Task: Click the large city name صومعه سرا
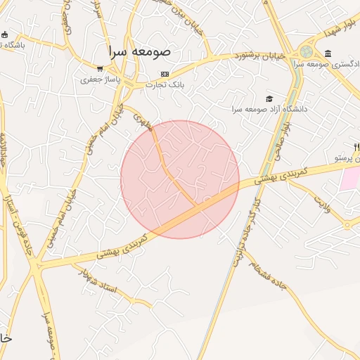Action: coord(139,51)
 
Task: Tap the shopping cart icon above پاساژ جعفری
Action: coord(101,69)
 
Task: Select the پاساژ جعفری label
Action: coord(100,79)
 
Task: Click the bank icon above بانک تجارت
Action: coord(165,74)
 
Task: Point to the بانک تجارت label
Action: coord(165,84)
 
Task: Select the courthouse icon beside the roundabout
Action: coord(328,54)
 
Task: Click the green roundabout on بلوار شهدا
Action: coord(307,51)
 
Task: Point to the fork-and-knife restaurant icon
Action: coord(356,147)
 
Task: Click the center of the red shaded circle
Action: coord(180,179)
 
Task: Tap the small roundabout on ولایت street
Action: coord(348,225)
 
